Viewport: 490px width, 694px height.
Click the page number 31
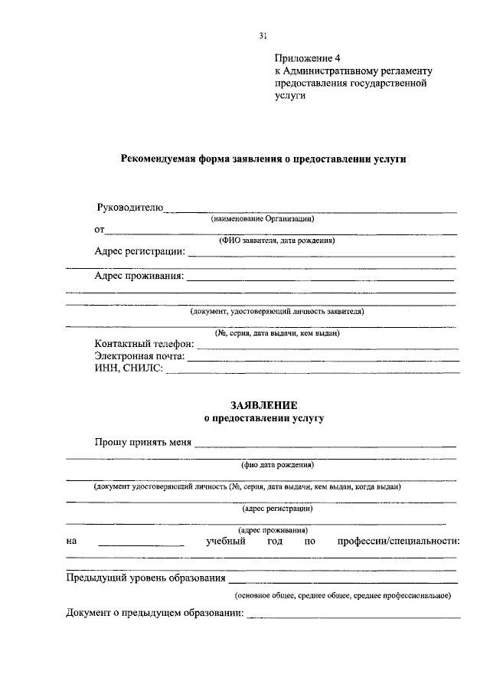point(263,35)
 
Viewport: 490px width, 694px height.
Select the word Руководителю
point(130,208)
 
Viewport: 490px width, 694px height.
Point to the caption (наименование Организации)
point(263,218)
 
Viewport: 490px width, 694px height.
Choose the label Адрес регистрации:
point(139,251)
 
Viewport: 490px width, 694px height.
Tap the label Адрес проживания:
point(139,277)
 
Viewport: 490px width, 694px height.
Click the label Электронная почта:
point(140,356)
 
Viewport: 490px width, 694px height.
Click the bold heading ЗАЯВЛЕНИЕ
point(263,405)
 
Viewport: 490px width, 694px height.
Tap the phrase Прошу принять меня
point(143,442)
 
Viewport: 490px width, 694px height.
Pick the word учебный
point(226,542)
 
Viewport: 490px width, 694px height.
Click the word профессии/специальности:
point(398,542)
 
